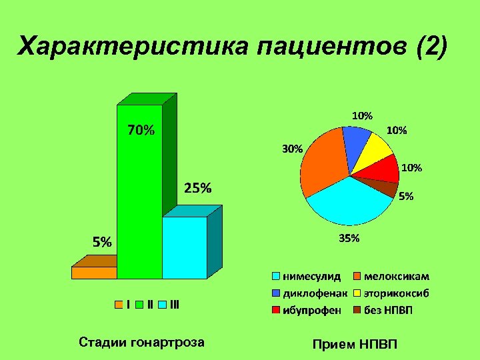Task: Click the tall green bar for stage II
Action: pyautogui.click(x=139, y=200)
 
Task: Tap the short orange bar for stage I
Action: pyautogui.click(x=94, y=272)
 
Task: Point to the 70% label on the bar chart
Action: pyautogui.click(x=141, y=131)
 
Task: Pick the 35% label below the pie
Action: pyautogui.click(x=349, y=238)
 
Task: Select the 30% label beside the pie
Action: pyautogui.click(x=292, y=149)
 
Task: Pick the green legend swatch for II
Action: pyautogui.click(x=140, y=305)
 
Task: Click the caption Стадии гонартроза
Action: pyautogui.click(x=141, y=343)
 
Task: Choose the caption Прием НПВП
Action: pyautogui.click(x=354, y=344)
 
